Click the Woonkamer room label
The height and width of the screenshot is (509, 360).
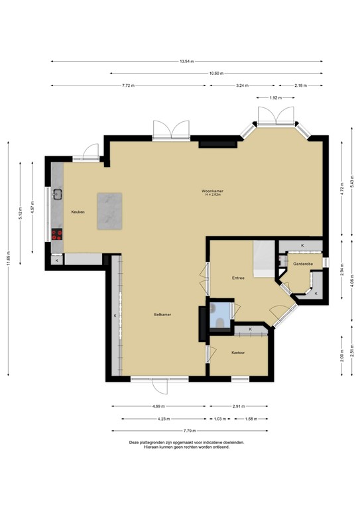pyautogui.click(x=212, y=191)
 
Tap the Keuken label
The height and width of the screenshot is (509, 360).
pyautogui.click(x=78, y=212)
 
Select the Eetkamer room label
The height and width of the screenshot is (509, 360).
pyautogui.click(x=162, y=315)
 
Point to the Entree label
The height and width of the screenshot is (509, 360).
pyautogui.click(x=238, y=278)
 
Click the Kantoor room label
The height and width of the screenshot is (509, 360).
pyautogui.click(x=238, y=353)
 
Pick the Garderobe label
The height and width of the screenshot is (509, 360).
pyautogui.click(x=303, y=264)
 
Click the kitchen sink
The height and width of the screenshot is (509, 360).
pyautogui.click(x=58, y=194)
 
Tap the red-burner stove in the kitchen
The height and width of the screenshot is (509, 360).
pyautogui.click(x=57, y=235)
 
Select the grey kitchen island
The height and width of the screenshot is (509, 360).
pyautogui.click(x=109, y=211)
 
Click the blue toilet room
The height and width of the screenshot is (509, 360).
pyautogui.click(x=219, y=315)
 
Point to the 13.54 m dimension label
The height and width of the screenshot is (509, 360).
pyautogui.click(x=187, y=62)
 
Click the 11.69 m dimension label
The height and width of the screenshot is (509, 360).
pyautogui.click(x=8, y=258)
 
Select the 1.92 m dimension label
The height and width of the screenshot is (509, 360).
pyautogui.click(x=276, y=97)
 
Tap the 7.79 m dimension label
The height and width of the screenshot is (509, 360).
pyautogui.click(x=190, y=431)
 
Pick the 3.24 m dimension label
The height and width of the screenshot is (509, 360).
pyautogui.click(x=243, y=85)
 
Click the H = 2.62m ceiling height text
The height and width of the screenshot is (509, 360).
pyautogui.click(x=213, y=195)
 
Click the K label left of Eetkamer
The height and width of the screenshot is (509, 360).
pyautogui.click(x=115, y=315)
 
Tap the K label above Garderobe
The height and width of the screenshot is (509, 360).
pyautogui.click(x=302, y=246)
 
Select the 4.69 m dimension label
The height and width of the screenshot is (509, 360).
pyautogui.click(x=158, y=406)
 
